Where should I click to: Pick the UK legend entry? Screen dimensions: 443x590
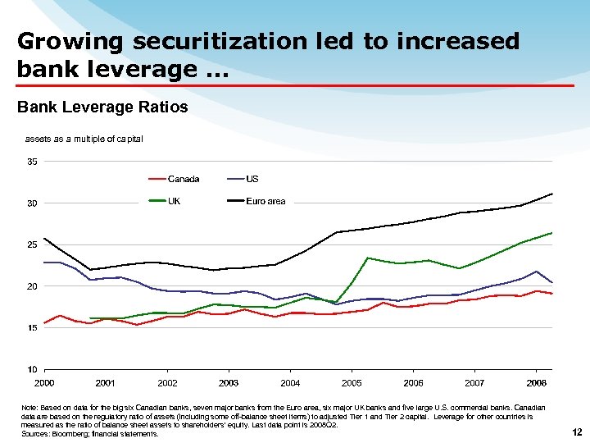(x=175, y=201)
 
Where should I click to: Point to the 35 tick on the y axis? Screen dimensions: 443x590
(x=32, y=162)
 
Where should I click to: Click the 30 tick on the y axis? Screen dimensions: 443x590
(x=32, y=203)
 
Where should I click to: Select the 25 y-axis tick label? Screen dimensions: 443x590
(x=32, y=244)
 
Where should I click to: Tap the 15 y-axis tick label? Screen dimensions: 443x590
(x=32, y=328)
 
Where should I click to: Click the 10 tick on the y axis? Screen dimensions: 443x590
(x=32, y=369)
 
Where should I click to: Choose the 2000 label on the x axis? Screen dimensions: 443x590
(x=44, y=383)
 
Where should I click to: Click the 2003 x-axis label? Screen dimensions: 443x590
(x=229, y=383)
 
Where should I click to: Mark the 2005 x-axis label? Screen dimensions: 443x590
(x=352, y=383)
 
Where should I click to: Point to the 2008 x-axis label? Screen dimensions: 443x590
(x=537, y=383)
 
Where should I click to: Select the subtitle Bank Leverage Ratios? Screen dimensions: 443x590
(x=102, y=107)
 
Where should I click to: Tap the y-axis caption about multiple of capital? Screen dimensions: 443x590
(x=84, y=139)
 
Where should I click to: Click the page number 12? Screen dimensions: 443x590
(x=577, y=432)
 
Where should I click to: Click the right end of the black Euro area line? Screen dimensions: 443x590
(x=552, y=194)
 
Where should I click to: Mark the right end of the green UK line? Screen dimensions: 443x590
(x=552, y=233)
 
